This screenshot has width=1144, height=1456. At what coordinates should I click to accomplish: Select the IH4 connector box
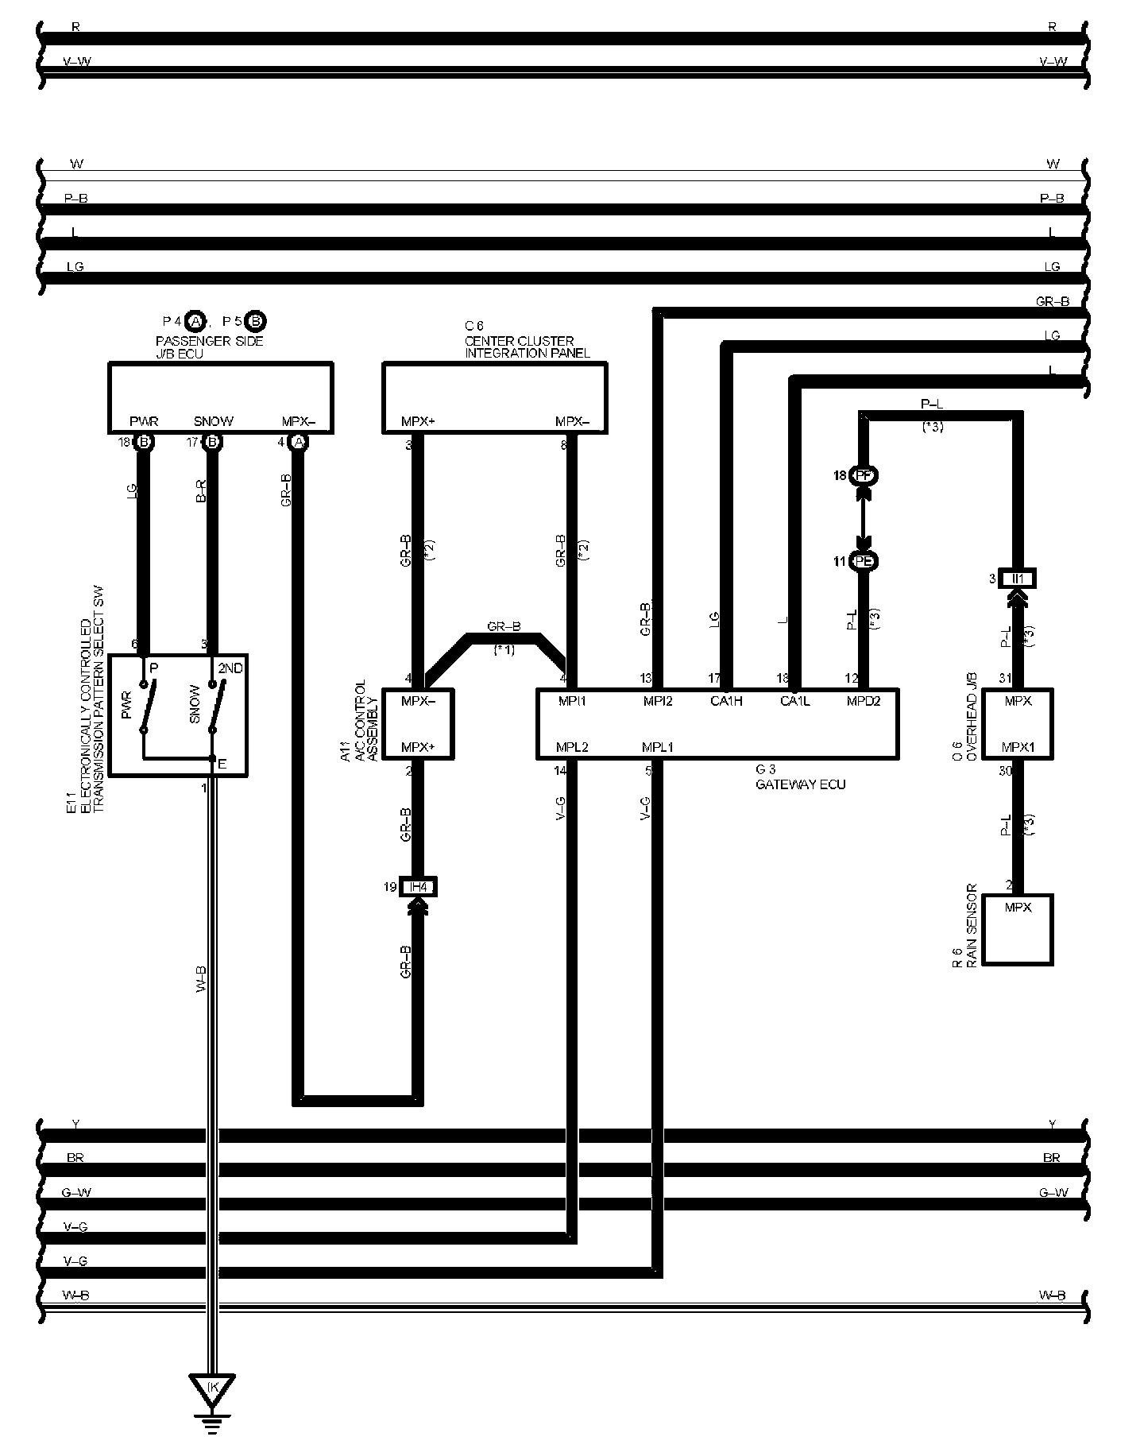[418, 887]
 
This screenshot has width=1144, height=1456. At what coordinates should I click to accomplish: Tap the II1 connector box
[1018, 579]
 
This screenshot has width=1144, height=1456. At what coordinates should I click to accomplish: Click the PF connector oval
[864, 475]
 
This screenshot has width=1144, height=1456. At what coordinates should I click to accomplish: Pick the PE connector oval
[864, 561]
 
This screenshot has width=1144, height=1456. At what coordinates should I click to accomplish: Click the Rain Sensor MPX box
[1018, 929]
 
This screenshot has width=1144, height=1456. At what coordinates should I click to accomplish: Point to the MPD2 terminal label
[864, 701]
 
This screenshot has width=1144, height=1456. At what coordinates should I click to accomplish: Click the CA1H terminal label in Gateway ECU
[726, 701]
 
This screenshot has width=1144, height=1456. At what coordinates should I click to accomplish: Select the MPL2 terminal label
[572, 747]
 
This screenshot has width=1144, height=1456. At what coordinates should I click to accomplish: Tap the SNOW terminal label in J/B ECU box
[213, 421]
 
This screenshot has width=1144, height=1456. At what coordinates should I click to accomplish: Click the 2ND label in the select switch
[230, 668]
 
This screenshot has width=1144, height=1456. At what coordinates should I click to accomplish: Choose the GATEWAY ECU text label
[800, 784]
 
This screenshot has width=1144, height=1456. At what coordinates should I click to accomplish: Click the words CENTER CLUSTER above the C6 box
[519, 341]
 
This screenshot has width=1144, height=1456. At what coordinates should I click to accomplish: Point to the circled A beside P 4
[195, 321]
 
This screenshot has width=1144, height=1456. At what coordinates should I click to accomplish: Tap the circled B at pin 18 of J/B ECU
[144, 442]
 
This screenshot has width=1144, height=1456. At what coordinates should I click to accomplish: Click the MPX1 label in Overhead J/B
[1018, 747]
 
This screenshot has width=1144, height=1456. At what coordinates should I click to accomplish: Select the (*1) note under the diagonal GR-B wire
[504, 650]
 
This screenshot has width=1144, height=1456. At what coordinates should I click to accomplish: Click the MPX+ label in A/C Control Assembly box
[418, 747]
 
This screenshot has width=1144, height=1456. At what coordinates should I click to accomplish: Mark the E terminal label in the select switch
[222, 764]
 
